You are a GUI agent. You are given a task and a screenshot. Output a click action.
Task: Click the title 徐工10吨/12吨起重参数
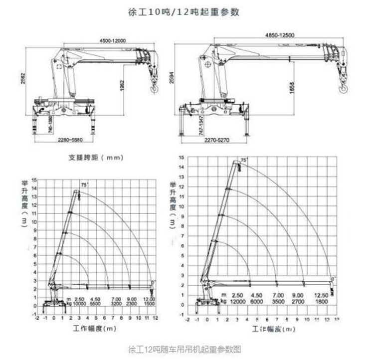[x=187, y=12]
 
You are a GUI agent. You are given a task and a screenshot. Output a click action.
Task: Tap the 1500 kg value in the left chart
[x=149, y=303]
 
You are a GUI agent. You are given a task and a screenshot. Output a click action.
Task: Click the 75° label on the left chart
[x=84, y=185]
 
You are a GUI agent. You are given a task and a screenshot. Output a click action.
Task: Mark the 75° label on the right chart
[x=244, y=160]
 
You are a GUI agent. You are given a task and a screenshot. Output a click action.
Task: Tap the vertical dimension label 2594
[x=173, y=77]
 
